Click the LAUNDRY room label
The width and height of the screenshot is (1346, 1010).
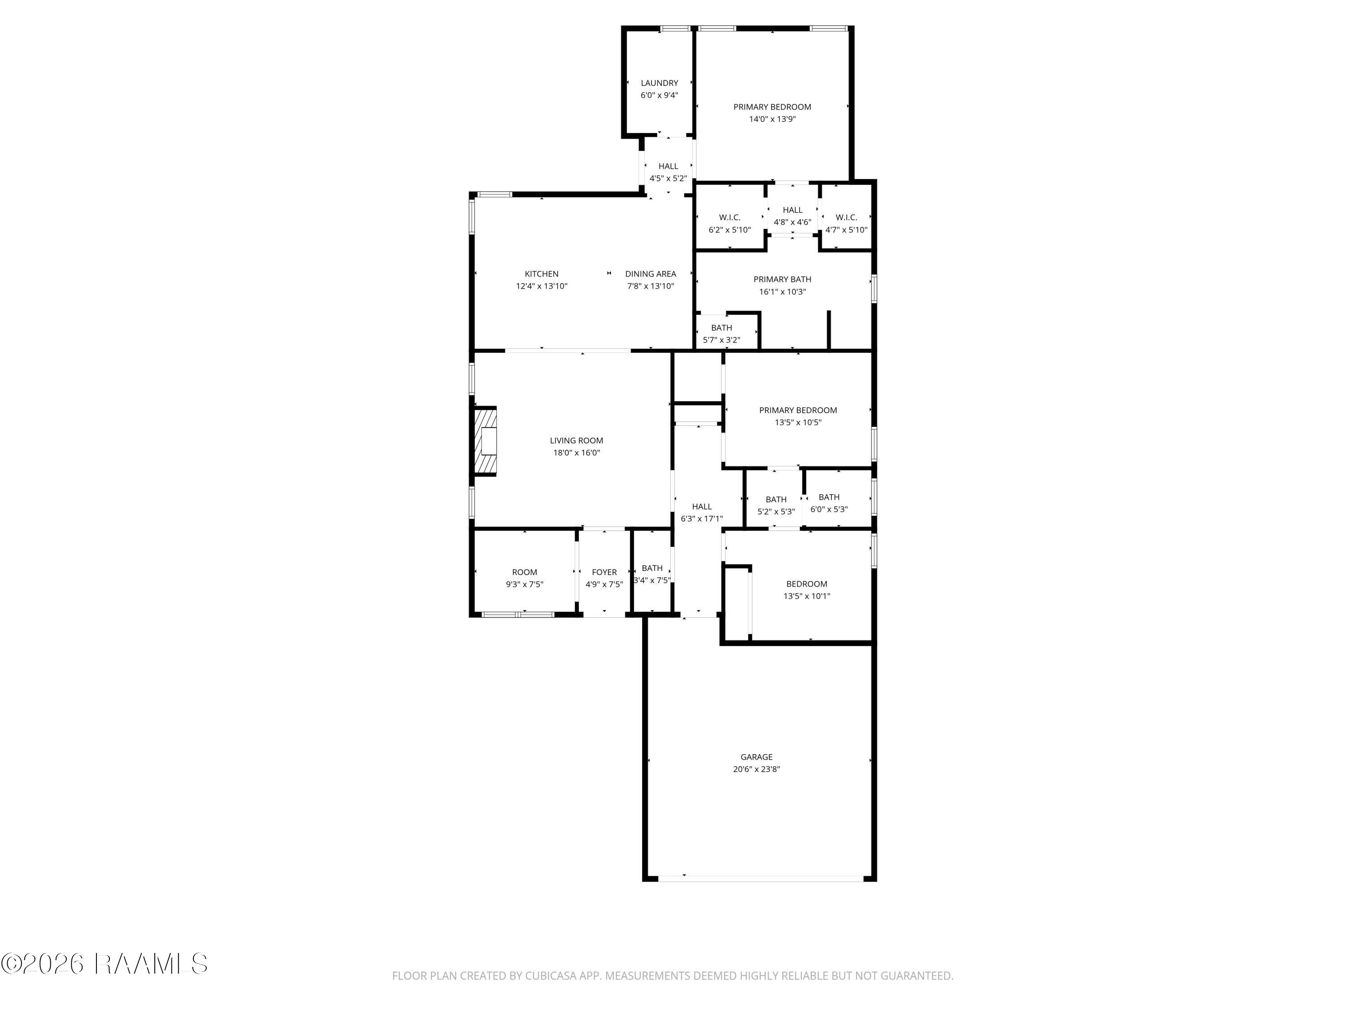pos(659,83)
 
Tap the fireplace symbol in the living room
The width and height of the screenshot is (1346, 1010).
pos(485,441)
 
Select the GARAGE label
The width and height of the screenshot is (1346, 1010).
pos(756,757)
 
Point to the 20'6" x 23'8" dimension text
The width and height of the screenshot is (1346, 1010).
pos(756,769)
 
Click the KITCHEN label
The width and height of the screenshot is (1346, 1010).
pos(542,274)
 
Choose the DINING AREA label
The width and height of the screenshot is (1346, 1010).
pos(651,274)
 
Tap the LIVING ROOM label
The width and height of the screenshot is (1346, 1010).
pos(576,440)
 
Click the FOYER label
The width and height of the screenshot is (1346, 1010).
pos(604,572)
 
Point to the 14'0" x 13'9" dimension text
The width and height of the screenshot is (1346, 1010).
pos(772,119)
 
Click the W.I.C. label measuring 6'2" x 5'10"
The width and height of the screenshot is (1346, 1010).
pos(730,217)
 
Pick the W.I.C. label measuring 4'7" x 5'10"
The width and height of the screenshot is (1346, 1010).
pos(847,217)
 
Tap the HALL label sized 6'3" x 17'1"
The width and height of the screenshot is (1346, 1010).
pos(702,506)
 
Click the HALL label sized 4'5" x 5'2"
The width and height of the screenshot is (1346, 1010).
pos(668,166)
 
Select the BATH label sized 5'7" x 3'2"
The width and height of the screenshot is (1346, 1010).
pos(721,328)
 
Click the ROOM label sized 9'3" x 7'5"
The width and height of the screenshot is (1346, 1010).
pos(524,572)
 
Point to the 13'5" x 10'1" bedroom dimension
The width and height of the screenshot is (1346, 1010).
pos(807,596)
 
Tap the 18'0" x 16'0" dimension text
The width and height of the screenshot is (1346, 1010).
pos(576,452)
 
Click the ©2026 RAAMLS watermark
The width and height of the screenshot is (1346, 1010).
pos(105,964)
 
